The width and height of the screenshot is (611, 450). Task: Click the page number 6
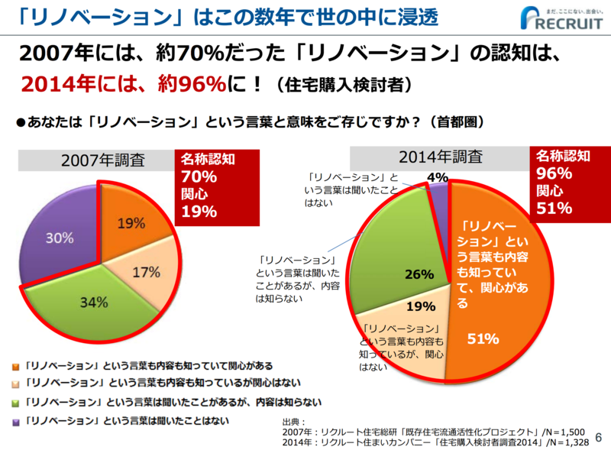598,437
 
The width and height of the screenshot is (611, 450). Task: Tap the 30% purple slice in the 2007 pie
57,238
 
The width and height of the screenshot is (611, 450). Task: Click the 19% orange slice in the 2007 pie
131,224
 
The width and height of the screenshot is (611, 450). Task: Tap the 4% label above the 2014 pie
438,178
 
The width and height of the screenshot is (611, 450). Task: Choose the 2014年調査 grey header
438,157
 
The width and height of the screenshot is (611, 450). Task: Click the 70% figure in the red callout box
199,177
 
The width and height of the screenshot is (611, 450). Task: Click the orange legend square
16,366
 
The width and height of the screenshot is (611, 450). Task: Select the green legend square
16,403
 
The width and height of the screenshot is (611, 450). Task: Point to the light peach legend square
16,384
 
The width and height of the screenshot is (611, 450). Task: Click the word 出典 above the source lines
293,421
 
